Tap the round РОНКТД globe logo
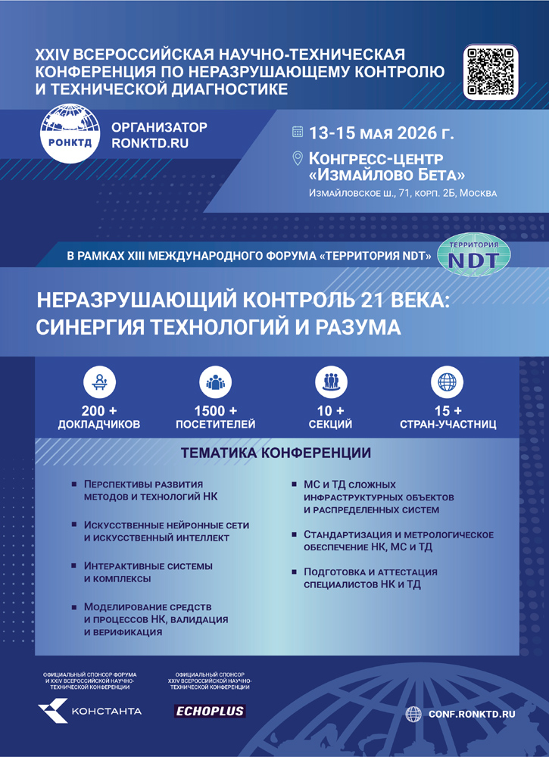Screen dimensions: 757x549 [69, 134]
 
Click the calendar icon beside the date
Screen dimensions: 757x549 [298, 132]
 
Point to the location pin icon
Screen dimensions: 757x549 [298, 158]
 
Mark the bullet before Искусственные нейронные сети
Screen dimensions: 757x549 [74, 525]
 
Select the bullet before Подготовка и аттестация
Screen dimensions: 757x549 [295, 572]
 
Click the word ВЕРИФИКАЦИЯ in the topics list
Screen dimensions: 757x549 [123, 631]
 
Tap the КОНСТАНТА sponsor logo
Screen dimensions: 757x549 [89, 711]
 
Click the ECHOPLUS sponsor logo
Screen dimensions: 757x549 [210, 711]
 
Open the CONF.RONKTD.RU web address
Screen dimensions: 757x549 [471, 713]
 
